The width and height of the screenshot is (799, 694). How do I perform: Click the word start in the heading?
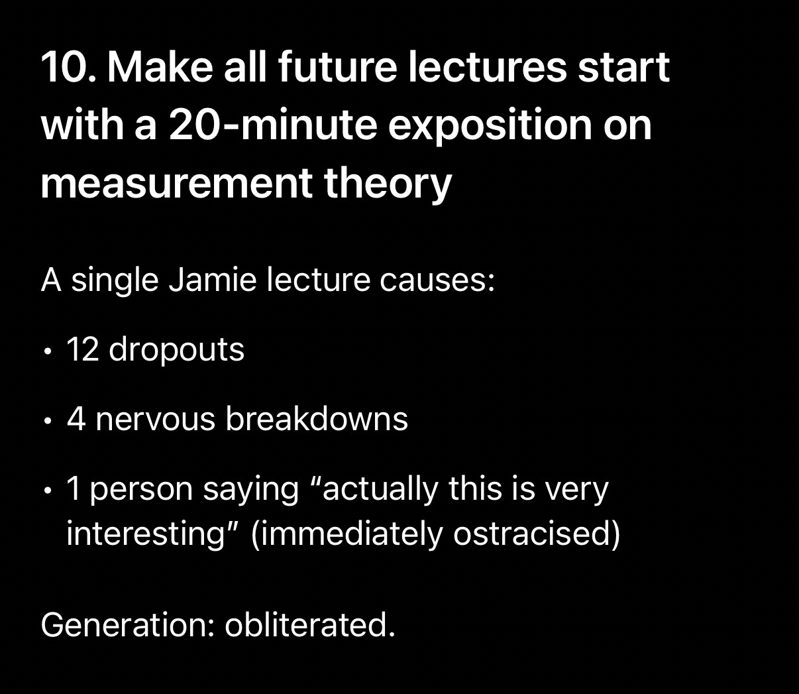(623, 68)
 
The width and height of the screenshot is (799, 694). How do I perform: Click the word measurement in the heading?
(176, 184)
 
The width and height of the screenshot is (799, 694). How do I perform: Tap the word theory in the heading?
(388, 185)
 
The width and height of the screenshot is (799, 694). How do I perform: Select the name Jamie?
(213, 280)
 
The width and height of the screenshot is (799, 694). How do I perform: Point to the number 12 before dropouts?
(82, 349)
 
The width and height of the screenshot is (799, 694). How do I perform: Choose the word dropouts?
(176, 350)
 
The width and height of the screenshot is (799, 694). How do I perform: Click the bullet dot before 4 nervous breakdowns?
(48, 422)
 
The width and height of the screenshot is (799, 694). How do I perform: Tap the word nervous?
(155, 420)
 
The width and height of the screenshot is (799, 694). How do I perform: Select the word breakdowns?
(317, 418)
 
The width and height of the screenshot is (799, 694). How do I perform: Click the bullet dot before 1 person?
(48, 491)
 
